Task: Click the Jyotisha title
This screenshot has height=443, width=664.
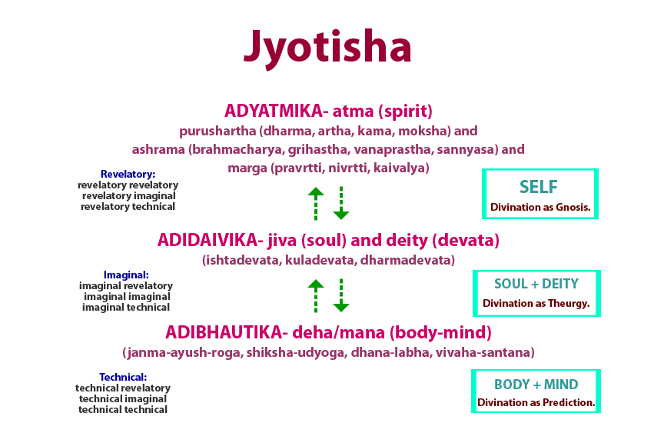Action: click(328, 48)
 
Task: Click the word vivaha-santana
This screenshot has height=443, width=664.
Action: click(488, 352)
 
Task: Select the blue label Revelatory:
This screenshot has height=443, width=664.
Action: click(128, 174)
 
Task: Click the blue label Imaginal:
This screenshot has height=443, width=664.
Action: click(126, 275)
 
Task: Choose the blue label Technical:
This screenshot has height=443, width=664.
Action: click(123, 377)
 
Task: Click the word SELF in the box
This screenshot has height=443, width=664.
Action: click(539, 186)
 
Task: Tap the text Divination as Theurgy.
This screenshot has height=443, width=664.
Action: click(536, 303)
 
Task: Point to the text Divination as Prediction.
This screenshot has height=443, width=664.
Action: click(536, 402)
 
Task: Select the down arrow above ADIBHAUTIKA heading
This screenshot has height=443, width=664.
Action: click(341, 295)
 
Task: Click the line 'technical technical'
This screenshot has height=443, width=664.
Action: click(123, 410)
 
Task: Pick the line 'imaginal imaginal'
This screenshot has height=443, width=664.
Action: click(127, 296)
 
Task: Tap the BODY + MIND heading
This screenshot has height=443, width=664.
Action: click(536, 384)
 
